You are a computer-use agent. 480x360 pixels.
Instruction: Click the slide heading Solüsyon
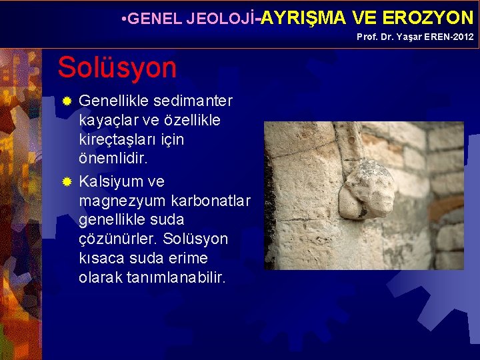tap(117, 67)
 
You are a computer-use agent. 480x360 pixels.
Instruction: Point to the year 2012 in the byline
tap(462, 37)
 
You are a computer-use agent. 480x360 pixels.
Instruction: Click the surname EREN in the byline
tap(434, 37)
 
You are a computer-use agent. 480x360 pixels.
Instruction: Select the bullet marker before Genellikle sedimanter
tap(66, 102)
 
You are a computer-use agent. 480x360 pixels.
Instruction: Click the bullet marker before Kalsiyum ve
tap(66, 182)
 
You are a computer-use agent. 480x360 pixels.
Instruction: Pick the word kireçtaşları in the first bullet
tap(131, 141)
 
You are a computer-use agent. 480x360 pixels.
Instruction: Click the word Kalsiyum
tap(111, 181)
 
